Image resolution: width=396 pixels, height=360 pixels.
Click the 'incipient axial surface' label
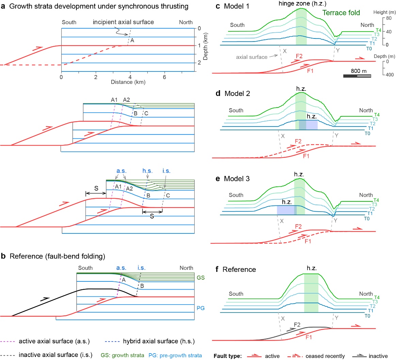tap(123, 22)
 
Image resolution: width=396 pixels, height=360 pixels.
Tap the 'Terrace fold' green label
tap(341, 13)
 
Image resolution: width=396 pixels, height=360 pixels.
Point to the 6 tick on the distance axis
tap(165, 77)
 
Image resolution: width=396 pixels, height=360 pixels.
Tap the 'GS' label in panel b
tap(201, 278)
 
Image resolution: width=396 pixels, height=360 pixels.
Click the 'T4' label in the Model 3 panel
tap(376, 200)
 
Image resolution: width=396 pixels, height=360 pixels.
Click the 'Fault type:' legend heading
tap(227, 356)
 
